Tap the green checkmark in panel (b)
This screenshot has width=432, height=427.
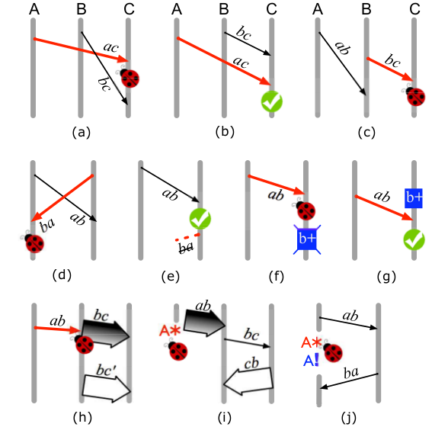[272, 101]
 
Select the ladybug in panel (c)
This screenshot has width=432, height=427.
[414, 96]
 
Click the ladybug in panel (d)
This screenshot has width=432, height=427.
[33, 242]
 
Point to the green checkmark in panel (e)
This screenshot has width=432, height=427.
[200, 219]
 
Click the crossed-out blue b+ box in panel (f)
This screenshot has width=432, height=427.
[307, 239]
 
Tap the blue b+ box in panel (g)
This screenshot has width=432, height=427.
[413, 198]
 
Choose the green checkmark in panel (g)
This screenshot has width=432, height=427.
[414, 239]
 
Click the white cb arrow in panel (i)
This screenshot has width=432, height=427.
[248, 381]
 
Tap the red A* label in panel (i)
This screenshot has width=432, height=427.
[170, 330]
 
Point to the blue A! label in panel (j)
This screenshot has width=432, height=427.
[312, 361]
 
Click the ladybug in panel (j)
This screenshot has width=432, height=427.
[332, 352]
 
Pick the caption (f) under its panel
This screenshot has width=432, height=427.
[277, 276]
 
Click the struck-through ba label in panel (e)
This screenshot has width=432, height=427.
[186, 247]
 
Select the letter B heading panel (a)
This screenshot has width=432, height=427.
[82, 9]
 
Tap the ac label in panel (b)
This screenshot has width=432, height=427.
[241, 63]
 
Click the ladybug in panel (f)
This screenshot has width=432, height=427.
[304, 210]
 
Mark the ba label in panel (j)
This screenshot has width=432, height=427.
[351, 373]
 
